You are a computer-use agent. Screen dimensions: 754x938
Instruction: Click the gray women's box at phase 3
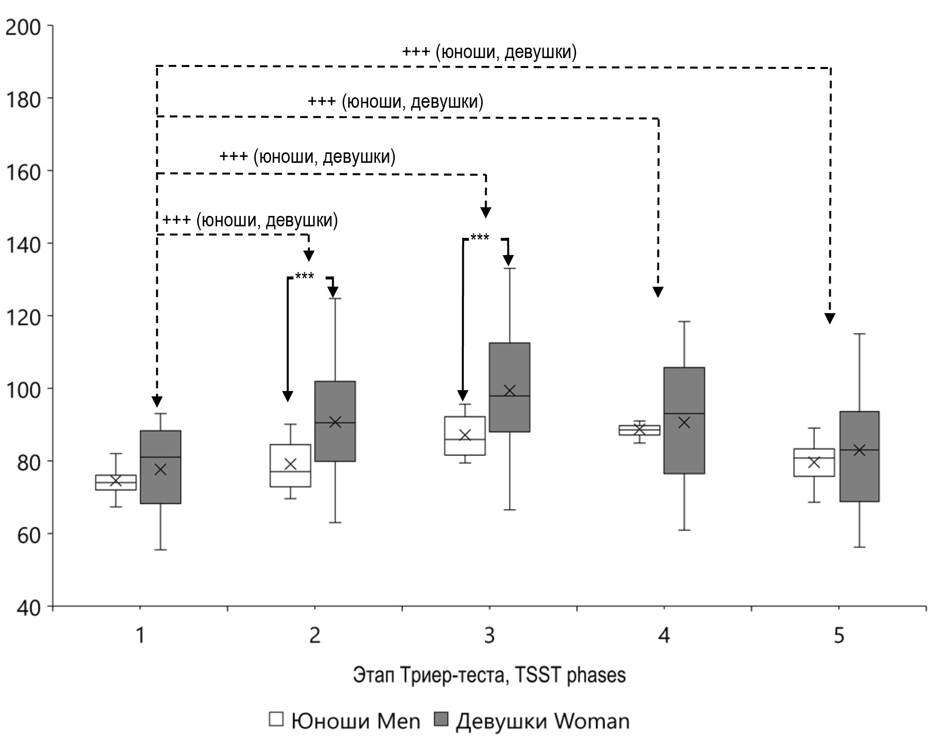click(x=509, y=387)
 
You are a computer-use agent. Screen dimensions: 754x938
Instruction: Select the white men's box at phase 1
click(x=116, y=482)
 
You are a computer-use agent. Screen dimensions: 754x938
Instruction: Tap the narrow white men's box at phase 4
click(x=639, y=430)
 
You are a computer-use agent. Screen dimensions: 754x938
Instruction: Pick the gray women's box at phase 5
click(x=859, y=456)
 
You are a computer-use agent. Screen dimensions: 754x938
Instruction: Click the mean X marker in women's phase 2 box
click(x=335, y=422)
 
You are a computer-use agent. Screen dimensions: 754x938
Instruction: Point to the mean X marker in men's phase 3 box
click(x=465, y=435)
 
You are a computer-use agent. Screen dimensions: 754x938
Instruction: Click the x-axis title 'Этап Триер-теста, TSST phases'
click(x=489, y=676)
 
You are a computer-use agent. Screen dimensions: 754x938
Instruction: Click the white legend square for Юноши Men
click(x=276, y=720)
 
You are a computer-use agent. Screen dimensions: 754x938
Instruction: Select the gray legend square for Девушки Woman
click(x=441, y=720)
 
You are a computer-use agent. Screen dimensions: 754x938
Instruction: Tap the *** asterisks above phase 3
click(x=479, y=238)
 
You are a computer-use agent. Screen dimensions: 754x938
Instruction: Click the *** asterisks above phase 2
click(x=304, y=276)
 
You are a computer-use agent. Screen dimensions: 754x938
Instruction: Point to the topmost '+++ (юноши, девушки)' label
click(x=489, y=52)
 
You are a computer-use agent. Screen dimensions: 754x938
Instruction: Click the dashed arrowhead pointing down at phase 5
click(x=830, y=318)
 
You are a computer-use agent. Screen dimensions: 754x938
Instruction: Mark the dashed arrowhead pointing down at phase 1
click(x=157, y=401)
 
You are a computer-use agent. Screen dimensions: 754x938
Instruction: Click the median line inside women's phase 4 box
click(x=684, y=413)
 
